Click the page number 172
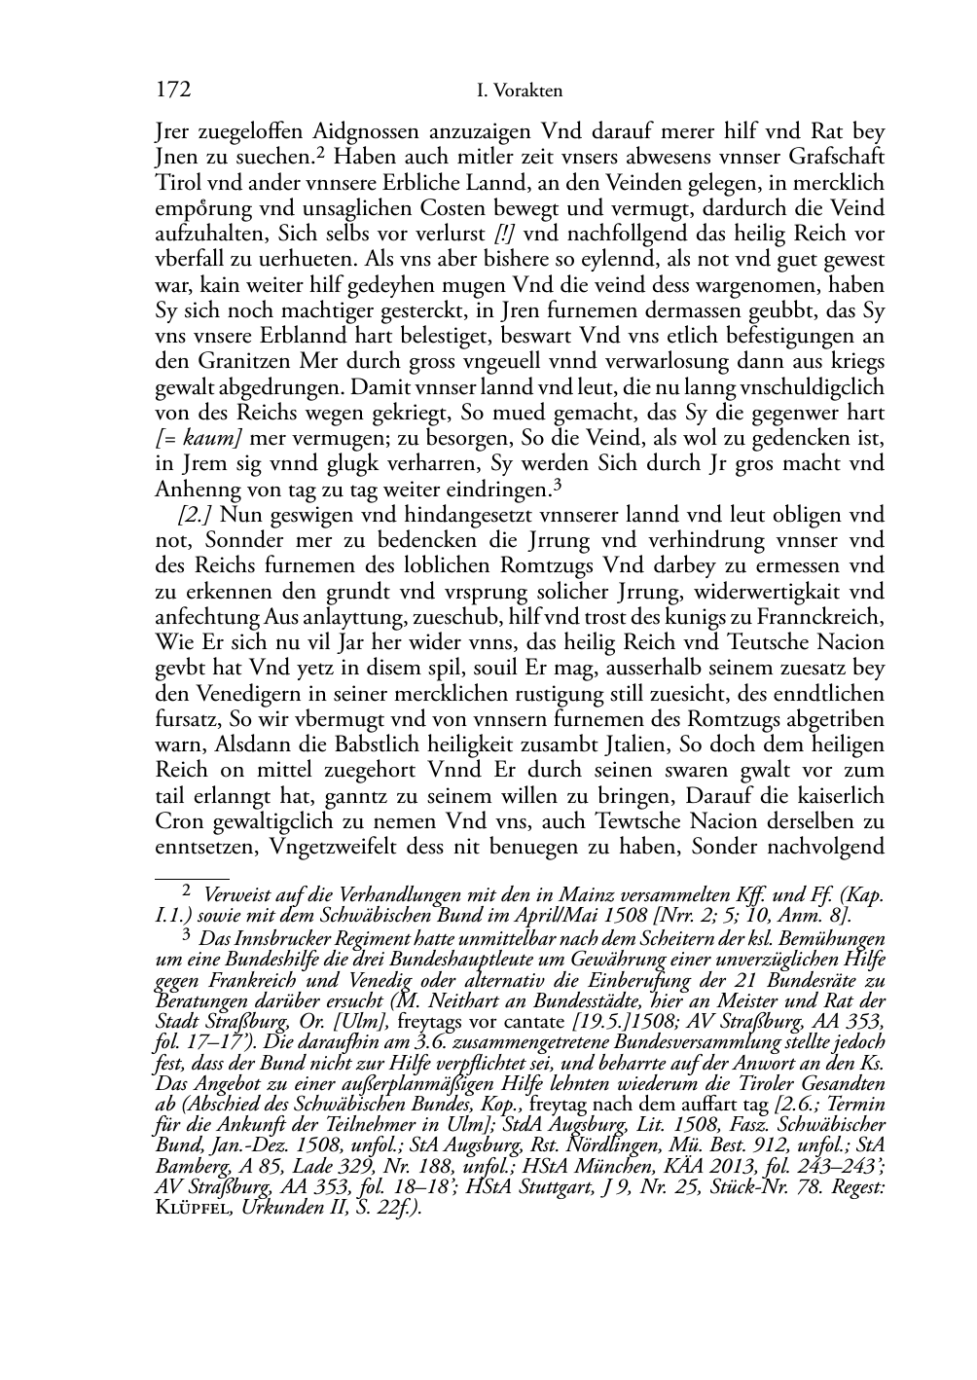click(172, 91)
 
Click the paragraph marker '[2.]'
click(195, 515)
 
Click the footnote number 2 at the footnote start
click(188, 890)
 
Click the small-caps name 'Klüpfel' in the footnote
click(189, 1207)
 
